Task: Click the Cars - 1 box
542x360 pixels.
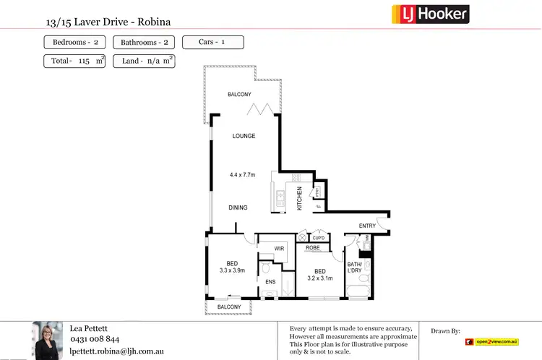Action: coord(212,42)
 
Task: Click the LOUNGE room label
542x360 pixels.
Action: coord(244,136)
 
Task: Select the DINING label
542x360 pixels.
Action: coord(238,207)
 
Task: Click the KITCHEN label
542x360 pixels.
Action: coord(299,199)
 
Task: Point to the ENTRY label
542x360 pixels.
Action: coord(367,226)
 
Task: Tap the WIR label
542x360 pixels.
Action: coord(280,249)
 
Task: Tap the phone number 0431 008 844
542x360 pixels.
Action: coord(95,339)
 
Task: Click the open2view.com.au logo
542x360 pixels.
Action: coord(492,341)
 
